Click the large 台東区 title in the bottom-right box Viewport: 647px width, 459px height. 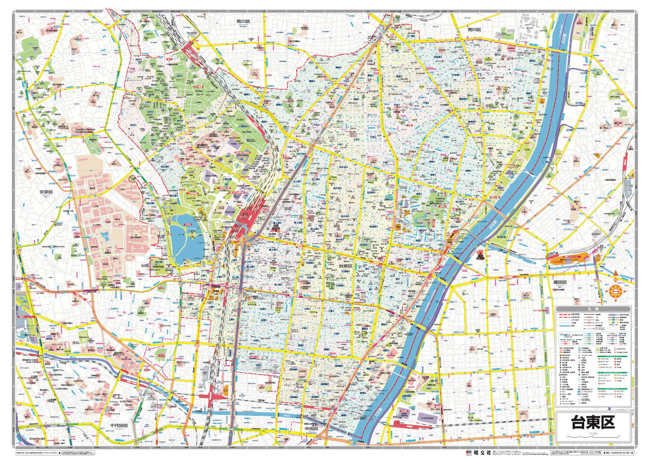[593, 422]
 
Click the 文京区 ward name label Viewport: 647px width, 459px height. [47, 192]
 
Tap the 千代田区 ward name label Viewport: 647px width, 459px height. [118, 425]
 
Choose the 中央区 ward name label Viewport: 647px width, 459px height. [315, 429]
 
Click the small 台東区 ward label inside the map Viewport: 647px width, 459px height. [345, 266]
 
